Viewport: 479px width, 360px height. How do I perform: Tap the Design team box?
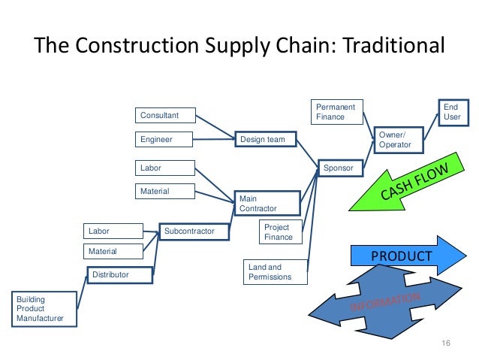(265, 139)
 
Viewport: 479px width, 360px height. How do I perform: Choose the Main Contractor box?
(267, 203)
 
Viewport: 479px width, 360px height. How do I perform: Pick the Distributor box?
(120, 274)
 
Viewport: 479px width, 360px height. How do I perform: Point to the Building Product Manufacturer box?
(44, 309)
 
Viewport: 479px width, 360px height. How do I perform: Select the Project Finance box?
(279, 232)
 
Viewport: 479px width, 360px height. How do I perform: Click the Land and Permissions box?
(276, 272)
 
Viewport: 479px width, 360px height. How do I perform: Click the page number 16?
(445, 343)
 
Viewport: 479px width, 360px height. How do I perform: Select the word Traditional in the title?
(393, 45)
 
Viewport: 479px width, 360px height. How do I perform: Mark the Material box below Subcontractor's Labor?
(112, 251)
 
